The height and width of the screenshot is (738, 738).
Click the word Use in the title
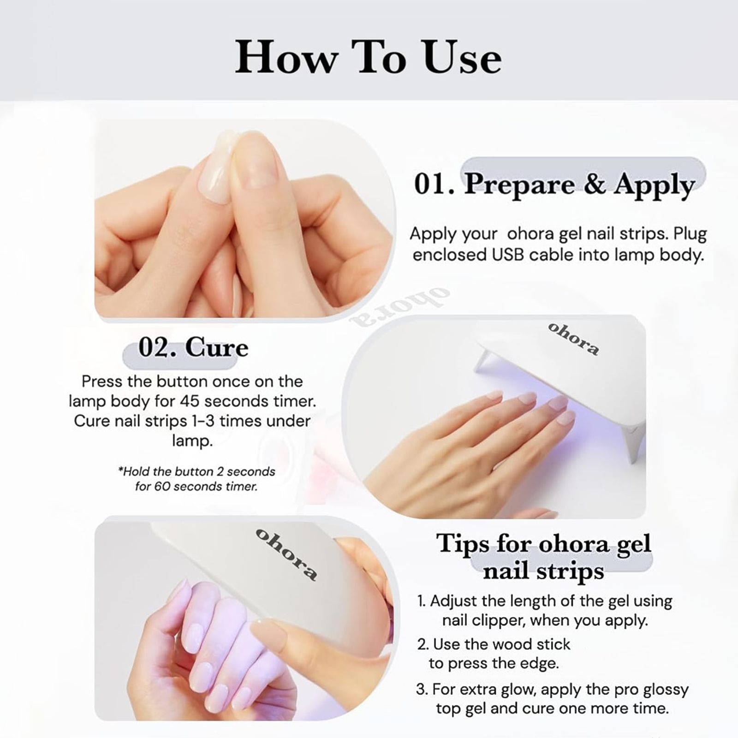pos(462,57)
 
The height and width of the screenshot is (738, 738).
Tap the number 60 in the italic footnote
pos(161,486)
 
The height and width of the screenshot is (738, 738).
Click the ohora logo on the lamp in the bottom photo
pos(286,554)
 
